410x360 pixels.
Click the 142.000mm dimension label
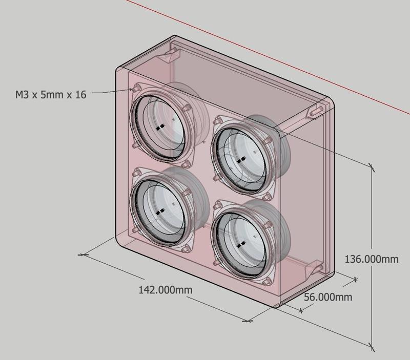pyautogui.click(x=166, y=290)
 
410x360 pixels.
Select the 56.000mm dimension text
pyautogui.click(x=328, y=297)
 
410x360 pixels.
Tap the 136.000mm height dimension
pyautogui.click(x=371, y=259)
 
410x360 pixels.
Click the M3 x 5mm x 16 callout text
pyautogui.click(x=51, y=95)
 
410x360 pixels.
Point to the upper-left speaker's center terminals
pyautogui.click(x=160, y=126)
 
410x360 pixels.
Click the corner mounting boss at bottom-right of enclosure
pyautogui.click(x=314, y=268)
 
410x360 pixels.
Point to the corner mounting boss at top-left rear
pyautogui.click(x=172, y=53)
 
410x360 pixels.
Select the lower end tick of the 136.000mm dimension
pyautogui.click(x=372, y=347)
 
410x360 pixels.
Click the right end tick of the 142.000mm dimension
pyautogui.click(x=247, y=321)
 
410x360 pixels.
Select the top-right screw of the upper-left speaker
pyautogui.click(x=186, y=108)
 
